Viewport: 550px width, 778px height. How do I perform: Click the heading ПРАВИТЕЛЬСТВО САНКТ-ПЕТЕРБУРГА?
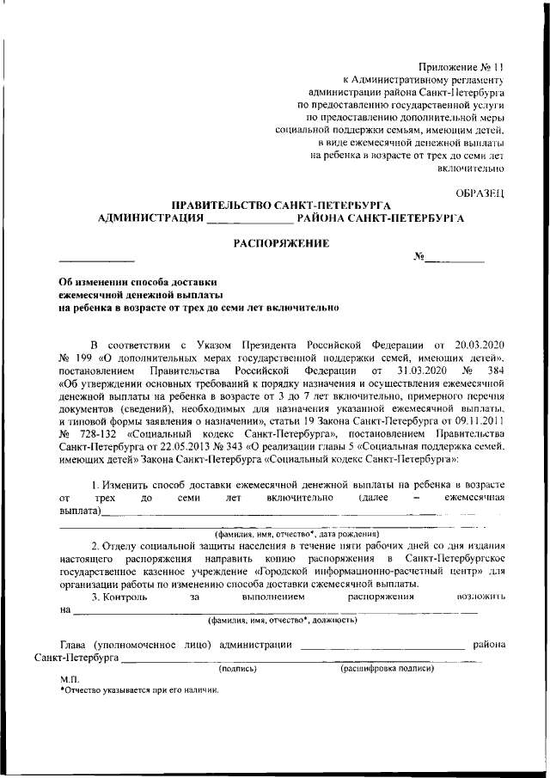point(282,205)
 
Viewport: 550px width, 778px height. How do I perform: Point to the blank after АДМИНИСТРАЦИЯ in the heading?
point(238,219)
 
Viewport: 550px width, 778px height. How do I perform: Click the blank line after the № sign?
point(455,258)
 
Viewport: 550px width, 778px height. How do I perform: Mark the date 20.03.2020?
point(480,345)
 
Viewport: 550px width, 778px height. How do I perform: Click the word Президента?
point(249,345)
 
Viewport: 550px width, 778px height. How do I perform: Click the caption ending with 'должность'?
point(284,619)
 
